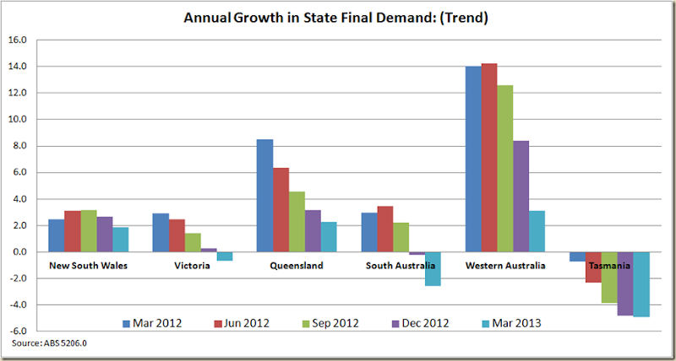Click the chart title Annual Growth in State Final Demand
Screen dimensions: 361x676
point(338,18)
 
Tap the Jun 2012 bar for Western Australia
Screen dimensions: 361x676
point(489,158)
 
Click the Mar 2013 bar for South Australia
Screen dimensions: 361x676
point(433,269)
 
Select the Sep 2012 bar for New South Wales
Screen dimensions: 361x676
point(88,231)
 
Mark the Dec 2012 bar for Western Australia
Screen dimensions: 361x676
point(521,197)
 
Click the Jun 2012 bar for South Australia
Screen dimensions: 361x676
point(385,229)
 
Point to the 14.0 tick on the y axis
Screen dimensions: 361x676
point(18,67)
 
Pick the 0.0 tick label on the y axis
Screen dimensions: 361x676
point(19,252)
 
